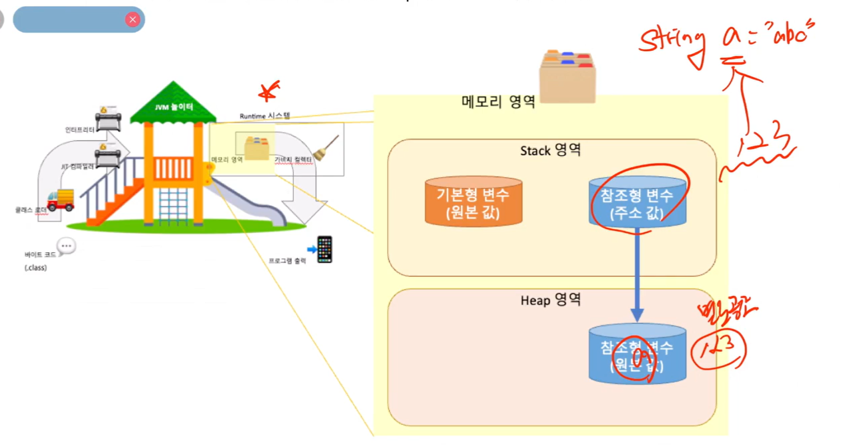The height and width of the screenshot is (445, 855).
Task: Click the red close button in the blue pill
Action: click(x=133, y=20)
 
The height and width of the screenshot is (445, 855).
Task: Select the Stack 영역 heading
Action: click(x=550, y=150)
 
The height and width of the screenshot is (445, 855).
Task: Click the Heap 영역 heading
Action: click(x=550, y=300)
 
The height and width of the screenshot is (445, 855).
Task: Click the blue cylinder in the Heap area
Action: click(x=637, y=354)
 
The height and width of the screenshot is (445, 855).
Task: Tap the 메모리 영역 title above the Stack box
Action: click(x=498, y=102)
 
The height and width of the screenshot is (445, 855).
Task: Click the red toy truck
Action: click(x=61, y=200)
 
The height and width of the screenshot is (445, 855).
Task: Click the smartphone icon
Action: click(x=324, y=249)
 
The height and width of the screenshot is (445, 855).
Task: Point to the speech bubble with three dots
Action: click(x=66, y=246)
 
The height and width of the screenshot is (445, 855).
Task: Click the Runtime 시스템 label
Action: click(x=265, y=116)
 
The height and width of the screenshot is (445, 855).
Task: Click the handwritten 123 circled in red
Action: click(x=718, y=349)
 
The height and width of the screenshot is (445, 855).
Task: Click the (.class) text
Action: click(x=36, y=268)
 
